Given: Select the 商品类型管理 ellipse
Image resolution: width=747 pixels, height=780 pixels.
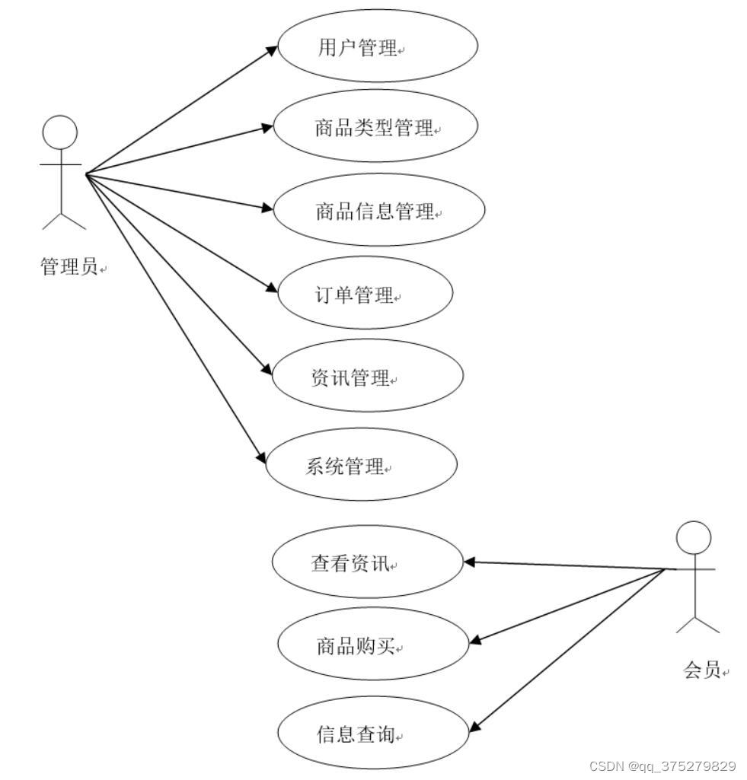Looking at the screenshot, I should click(x=375, y=126).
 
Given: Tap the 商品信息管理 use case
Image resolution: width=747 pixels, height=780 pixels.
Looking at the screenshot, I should click(x=378, y=209).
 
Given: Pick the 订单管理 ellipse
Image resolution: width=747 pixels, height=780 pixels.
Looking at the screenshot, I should click(x=366, y=293).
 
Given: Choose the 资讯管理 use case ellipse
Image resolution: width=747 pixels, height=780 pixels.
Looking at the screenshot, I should click(x=367, y=376).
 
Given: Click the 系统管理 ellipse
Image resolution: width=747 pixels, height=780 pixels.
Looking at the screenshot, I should click(x=361, y=465).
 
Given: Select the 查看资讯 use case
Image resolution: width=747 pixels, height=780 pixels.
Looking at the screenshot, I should click(x=367, y=562).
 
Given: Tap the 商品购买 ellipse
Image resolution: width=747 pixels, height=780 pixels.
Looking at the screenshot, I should click(x=372, y=645).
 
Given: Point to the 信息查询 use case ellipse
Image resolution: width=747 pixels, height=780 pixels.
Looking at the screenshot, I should click(x=371, y=733).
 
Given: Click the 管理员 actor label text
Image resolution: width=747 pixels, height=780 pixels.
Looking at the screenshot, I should click(x=69, y=266).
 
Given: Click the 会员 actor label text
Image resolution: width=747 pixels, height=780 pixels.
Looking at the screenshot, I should click(x=702, y=670).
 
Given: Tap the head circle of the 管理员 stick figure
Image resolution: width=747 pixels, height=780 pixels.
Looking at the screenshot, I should click(x=59, y=132).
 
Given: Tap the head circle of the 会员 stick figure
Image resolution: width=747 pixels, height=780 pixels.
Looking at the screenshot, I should click(x=694, y=538).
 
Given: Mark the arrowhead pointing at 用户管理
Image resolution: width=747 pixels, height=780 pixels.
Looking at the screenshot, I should click(x=272, y=49).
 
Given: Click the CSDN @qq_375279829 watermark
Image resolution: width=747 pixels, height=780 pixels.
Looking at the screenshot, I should click(x=662, y=766).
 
